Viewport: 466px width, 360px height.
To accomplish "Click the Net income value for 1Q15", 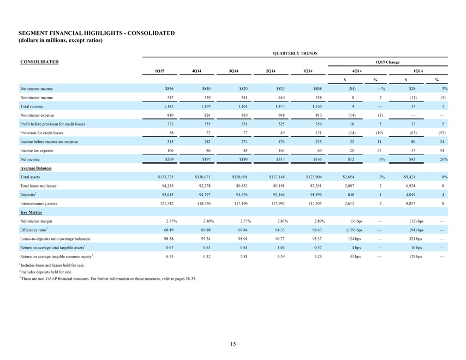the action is (x=169, y=159).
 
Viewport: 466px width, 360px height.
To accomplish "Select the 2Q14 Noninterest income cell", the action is (x=282, y=98).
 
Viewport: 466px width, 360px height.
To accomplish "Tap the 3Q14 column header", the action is (x=234, y=71).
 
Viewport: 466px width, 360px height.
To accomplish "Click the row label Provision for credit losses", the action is (x=41, y=133).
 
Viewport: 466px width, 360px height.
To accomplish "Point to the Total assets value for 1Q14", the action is (x=314, y=177).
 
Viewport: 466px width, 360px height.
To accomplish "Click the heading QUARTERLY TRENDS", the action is (x=295, y=53).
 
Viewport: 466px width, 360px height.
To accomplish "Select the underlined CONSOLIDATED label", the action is (x=39, y=62).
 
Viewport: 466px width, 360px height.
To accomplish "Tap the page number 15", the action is (x=233, y=344).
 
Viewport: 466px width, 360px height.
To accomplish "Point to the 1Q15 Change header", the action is (x=388, y=62).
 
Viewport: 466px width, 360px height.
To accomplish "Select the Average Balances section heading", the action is (x=36, y=168).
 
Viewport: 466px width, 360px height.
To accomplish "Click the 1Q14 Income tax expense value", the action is (x=319, y=151).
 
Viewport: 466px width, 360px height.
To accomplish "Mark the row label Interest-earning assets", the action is (x=39, y=203).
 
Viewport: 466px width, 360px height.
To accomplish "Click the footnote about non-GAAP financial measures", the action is (x=107, y=279).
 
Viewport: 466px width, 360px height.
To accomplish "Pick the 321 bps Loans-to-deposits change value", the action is (x=415, y=239).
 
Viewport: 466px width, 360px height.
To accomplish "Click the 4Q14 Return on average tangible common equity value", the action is (x=207, y=256).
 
